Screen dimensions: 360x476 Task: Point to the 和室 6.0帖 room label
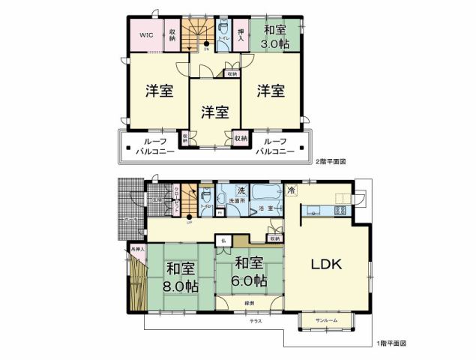coord(249,271)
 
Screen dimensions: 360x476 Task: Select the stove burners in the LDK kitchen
coord(340,210)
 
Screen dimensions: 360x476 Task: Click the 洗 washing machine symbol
coord(241,189)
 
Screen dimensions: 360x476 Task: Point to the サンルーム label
coord(326,320)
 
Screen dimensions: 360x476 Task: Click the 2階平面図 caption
coord(331,161)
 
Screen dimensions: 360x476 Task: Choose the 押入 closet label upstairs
coord(241,34)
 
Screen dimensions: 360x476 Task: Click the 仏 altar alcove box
coord(223,240)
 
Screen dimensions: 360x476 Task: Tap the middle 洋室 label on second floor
coord(214,112)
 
